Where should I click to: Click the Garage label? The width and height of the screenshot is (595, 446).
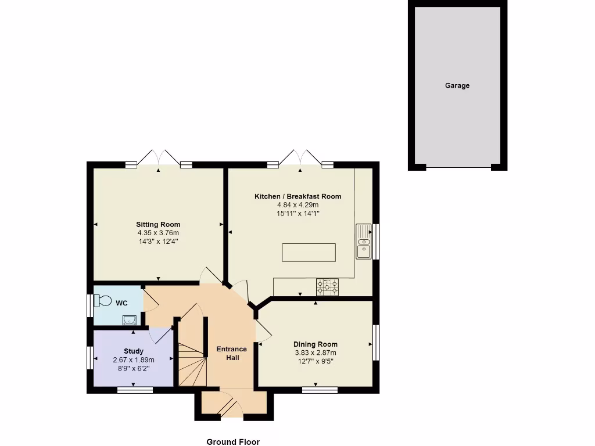[457, 85]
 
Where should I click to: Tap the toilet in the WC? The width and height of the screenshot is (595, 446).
[103, 301]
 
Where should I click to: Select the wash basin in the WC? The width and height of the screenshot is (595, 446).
[129, 319]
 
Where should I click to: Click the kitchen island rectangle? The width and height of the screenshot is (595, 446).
[309, 253]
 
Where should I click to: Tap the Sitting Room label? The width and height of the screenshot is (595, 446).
[158, 224]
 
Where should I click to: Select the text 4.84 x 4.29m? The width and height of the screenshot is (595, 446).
[297, 205]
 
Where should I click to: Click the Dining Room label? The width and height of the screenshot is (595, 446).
[315, 344]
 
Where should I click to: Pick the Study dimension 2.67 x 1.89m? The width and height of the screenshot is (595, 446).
[134, 360]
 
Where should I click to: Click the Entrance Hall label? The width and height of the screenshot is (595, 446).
[231, 353]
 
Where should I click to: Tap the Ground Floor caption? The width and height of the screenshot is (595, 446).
[233, 442]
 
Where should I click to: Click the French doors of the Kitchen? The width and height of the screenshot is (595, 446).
[299, 158]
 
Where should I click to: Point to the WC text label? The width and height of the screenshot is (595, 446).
[121, 303]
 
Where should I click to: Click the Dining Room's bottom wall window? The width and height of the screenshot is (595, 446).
[320, 390]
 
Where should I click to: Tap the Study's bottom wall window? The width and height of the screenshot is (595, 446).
[135, 390]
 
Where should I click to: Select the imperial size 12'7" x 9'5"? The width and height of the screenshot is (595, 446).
[315, 361]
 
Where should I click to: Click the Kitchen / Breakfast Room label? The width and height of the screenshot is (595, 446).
[297, 196]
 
